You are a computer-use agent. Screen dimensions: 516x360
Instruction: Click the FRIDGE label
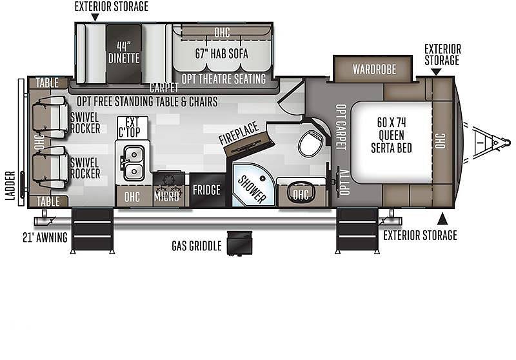(206, 190)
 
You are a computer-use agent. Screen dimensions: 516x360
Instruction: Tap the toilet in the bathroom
(310, 143)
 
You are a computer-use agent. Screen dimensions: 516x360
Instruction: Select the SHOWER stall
(253, 185)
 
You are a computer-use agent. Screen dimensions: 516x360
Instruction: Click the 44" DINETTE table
(124, 54)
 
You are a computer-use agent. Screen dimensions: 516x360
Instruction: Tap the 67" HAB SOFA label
(221, 54)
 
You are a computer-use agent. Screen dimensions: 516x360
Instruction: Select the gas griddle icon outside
(239, 243)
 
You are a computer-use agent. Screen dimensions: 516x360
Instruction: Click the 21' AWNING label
(45, 237)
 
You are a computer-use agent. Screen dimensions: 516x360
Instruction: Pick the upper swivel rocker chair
(50, 117)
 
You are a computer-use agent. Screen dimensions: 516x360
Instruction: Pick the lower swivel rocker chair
(50, 168)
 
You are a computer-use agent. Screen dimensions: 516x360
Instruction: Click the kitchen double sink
(134, 163)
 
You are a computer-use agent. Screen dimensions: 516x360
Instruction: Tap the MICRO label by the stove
(166, 197)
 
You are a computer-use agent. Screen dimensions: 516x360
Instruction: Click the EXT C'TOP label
(132, 127)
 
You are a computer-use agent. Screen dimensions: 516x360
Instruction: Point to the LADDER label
(10, 186)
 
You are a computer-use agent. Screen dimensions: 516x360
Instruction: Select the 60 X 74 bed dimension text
(392, 123)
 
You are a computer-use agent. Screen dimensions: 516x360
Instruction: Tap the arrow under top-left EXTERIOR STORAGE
(95, 17)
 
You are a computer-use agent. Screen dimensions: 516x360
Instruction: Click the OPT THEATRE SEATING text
(224, 79)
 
